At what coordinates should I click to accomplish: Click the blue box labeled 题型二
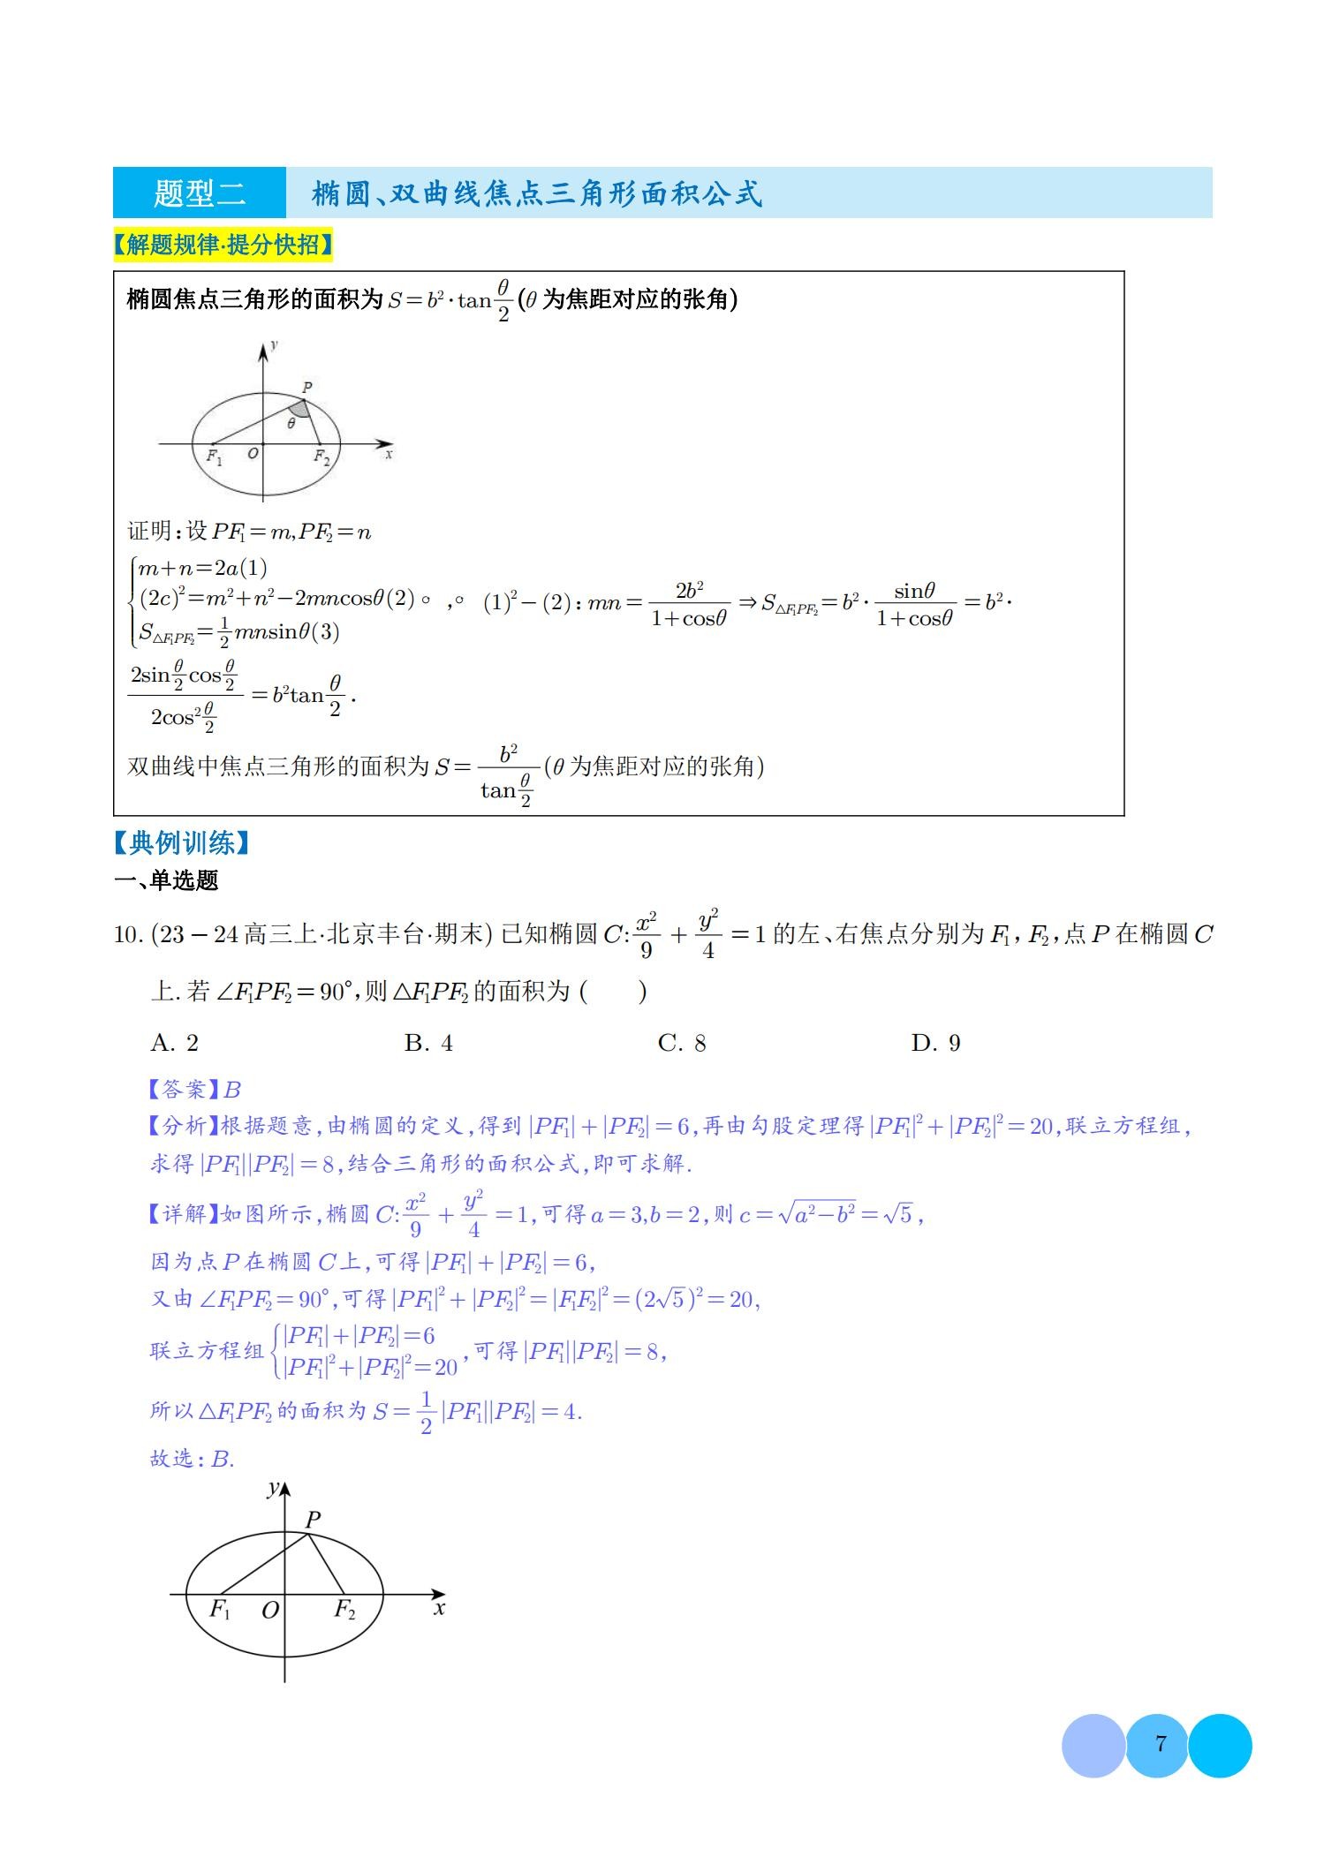[200, 192]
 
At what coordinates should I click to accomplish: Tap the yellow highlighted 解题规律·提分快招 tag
[223, 245]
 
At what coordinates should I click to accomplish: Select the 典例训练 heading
[181, 842]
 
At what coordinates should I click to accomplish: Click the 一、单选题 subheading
[166, 880]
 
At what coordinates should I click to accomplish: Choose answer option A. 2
[175, 1043]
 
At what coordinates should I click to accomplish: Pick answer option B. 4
[428, 1043]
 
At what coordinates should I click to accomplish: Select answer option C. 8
[682, 1043]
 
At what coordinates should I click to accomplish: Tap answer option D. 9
[935, 1043]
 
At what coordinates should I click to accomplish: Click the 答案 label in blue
[182, 1089]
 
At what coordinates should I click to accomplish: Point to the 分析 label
[182, 1126]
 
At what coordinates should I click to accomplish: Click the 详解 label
[182, 1214]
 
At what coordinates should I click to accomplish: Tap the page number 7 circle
[1160, 1744]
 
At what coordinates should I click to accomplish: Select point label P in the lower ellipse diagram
[313, 1520]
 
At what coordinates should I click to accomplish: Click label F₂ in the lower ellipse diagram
[344, 1609]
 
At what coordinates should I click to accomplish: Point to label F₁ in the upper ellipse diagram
[215, 457]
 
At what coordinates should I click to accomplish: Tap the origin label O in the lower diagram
[270, 1610]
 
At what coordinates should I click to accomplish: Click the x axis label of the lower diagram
[439, 1608]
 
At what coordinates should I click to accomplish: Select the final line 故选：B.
[192, 1458]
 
